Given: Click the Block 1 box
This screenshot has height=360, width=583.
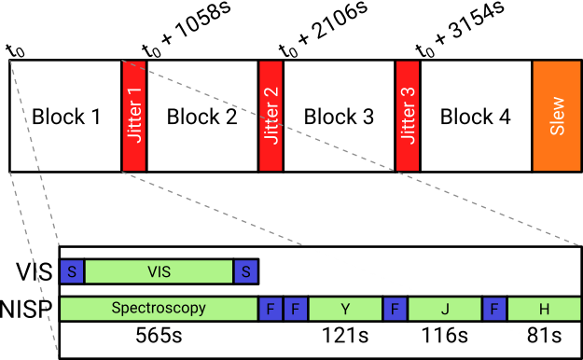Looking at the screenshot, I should coord(65,117).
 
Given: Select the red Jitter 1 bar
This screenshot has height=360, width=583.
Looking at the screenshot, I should coord(134,117).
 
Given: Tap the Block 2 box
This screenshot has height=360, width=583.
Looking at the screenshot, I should coord(201,117).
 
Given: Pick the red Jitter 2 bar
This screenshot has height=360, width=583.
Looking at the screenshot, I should coord(271,117).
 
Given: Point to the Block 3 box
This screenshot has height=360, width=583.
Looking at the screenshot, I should coord(339,117).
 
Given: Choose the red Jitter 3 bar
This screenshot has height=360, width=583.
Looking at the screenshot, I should coord(408,117).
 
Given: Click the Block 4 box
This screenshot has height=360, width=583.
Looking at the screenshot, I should coord(476,117).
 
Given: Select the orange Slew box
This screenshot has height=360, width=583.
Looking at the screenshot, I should coord(557,117).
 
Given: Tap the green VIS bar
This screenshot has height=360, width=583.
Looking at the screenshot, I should coord(160,271).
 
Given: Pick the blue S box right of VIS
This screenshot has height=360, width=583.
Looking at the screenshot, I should coord(246,271).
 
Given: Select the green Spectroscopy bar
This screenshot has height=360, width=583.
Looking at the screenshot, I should coord(159,309).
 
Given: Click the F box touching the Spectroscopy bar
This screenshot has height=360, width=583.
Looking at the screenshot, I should coord(270,309).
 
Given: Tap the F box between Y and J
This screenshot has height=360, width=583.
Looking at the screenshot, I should coord(396,309).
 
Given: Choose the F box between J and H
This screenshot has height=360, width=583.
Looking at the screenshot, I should coord(493,309).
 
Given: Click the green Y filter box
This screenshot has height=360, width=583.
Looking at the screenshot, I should coord(345,309).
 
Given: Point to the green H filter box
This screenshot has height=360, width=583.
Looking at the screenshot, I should coord(543,309).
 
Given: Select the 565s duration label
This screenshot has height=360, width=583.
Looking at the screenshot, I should coord(159,336).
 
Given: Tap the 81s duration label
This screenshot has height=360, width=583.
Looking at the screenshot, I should coord(543,336).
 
